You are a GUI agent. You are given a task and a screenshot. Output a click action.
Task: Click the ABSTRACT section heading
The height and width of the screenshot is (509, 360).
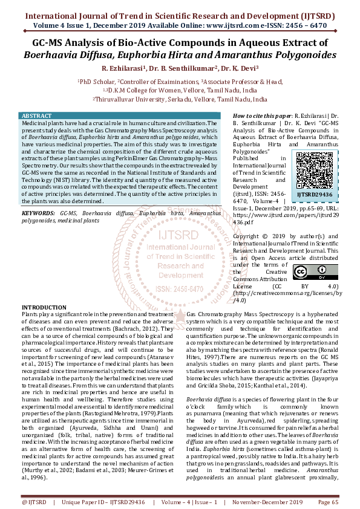pyautogui.click(x=36, y=115)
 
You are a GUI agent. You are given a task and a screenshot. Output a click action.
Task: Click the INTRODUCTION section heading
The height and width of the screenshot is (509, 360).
pyautogui.click(x=45, y=308)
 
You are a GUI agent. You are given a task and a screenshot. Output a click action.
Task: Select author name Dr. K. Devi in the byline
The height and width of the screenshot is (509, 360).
pyautogui.click(x=240, y=68)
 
